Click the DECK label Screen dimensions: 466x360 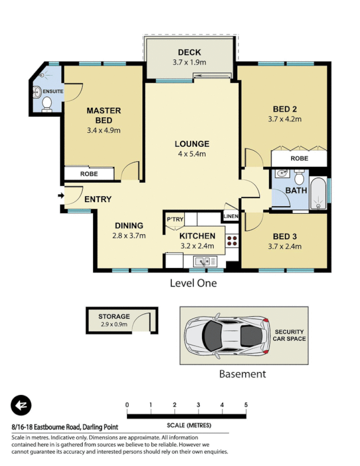[x=189, y=52]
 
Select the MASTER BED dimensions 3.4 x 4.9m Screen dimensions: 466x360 [x=104, y=130]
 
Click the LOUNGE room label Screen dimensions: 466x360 [x=192, y=144]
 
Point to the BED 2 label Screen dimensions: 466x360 [x=285, y=109]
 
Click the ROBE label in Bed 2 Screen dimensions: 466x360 [x=299, y=158]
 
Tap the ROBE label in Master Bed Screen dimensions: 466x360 [x=89, y=174]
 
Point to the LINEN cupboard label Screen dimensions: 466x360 [x=230, y=217]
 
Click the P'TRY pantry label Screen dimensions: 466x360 [x=175, y=219]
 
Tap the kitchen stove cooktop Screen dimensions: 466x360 [x=232, y=242]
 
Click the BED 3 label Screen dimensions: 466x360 [x=285, y=236]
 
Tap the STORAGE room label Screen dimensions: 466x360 [x=114, y=316]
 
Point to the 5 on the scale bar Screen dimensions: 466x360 [x=246, y=405]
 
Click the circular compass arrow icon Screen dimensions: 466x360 [x=22, y=405]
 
